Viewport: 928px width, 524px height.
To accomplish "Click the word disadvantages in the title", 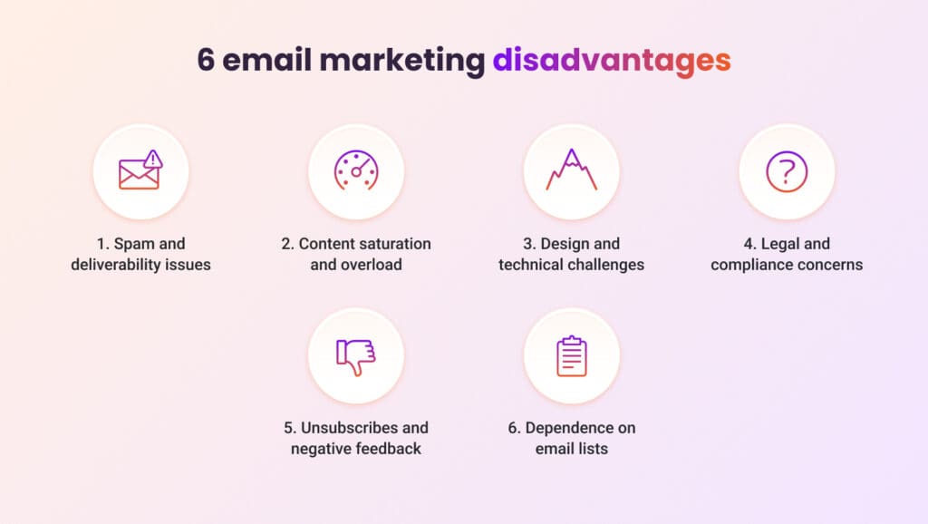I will click(x=611, y=60).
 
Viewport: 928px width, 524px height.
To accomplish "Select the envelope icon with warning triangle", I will click(x=140, y=170).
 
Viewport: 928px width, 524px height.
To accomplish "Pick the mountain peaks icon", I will click(x=571, y=170).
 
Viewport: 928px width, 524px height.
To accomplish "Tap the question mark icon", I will click(x=786, y=170).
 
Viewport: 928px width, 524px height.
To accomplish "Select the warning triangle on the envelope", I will click(x=153, y=160).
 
